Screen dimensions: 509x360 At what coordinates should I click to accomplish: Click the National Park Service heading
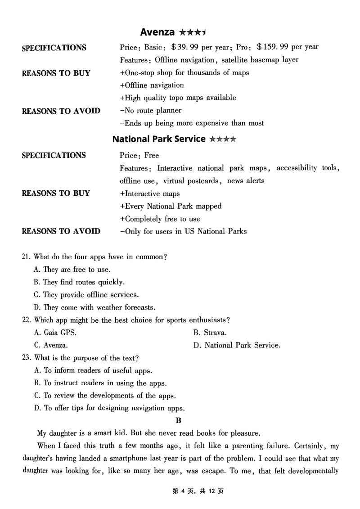(x=158, y=139)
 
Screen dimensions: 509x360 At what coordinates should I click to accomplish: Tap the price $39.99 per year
(x=199, y=47)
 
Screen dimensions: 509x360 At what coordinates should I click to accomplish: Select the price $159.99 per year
(x=288, y=47)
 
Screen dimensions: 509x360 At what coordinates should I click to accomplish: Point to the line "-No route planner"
(x=151, y=110)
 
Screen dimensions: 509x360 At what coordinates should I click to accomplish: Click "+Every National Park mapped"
(x=171, y=207)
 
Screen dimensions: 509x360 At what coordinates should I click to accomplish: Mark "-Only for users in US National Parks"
(x=183, y=232)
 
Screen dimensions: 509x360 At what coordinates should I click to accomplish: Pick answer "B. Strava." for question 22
(x=210, y=333)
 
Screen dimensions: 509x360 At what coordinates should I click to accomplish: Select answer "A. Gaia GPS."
(x=55, y=333)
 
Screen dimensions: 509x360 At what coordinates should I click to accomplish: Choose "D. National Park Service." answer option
(x=237, y=346)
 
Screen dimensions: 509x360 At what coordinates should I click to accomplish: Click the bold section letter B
(x=178, y=421)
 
